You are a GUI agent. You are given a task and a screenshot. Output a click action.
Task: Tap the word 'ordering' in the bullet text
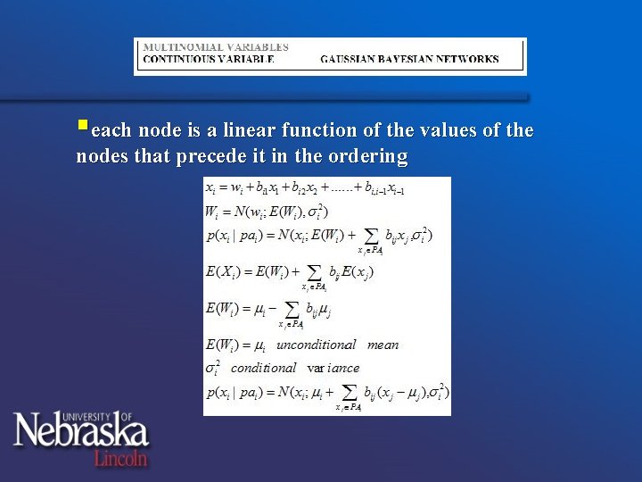pyautogui.click(x=371, y=158)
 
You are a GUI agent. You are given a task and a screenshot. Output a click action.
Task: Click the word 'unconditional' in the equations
pyautogui.click(x=316, y=345)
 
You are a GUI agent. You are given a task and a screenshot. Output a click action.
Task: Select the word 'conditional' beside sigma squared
pyautogui.click(x=263, y=368)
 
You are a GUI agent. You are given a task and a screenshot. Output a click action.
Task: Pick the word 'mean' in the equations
pyautogui.click(x=383, y=345)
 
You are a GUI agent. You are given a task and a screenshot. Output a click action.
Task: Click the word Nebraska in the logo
pyautogui.click(x=80, y=433)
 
